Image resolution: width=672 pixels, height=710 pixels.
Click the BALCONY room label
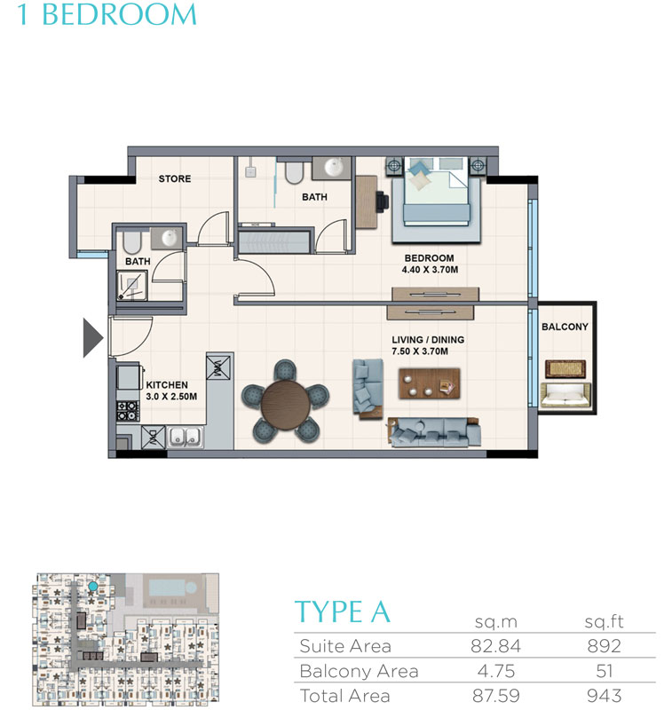tap(565, 327)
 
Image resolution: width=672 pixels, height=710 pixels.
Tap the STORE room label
tap(175, 179)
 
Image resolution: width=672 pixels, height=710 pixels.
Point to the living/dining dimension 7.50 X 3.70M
tap(427, 351)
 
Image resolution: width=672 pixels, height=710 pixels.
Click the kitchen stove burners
tap(128, 411)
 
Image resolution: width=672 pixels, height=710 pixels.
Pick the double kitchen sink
tap(185, 436)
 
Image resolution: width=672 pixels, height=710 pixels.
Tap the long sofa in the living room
tap(430, 431)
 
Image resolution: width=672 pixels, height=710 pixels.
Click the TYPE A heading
tap(342, 612)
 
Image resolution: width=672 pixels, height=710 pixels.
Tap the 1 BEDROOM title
tap(107, 15)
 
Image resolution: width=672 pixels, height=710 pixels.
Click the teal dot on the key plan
tap(92, 588)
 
